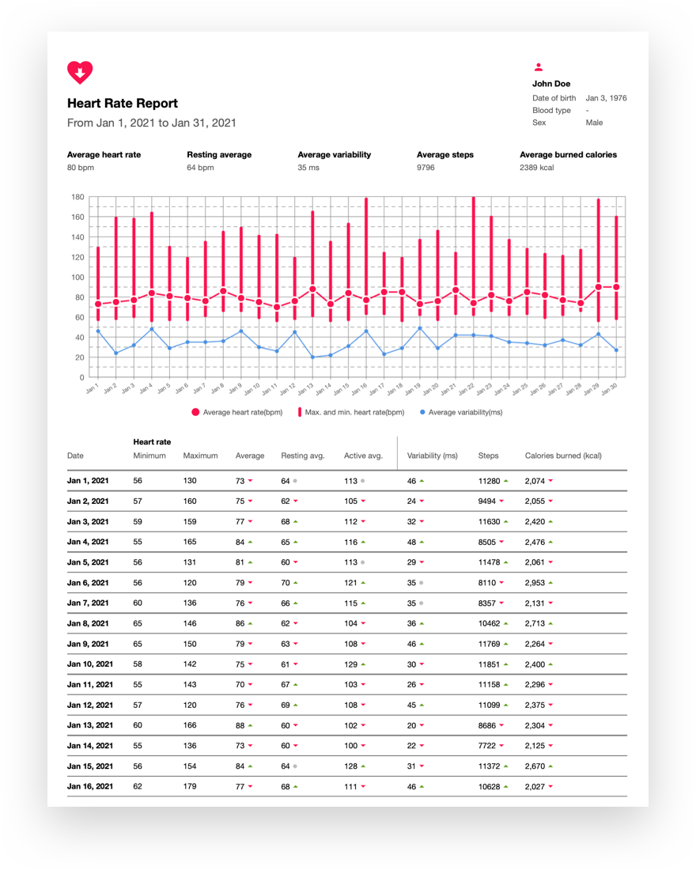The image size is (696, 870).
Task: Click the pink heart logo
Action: [80, 72]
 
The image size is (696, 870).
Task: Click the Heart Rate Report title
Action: [123, 103]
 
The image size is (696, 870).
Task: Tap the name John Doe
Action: [551, 84]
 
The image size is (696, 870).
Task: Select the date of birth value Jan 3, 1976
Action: [606, 98]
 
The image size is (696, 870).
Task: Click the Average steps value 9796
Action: [426, 168]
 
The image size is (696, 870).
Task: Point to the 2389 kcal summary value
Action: [537, 168]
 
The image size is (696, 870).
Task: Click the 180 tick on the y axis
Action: [78, 197]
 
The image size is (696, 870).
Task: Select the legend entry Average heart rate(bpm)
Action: [237, 412]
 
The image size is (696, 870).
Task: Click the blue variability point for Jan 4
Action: [152, 329]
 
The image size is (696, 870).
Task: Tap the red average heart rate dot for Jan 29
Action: [598, 287]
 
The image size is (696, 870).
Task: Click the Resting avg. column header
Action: [302, 456]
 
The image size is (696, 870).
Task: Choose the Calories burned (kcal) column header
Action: [563, 456]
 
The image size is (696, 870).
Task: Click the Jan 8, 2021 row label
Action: [88, 624]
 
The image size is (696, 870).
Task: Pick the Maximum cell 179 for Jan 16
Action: [190, 786]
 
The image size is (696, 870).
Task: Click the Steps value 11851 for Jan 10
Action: [489, 664]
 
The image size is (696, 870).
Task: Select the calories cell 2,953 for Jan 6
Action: [535, 583]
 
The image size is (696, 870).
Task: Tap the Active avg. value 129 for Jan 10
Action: [351, 664]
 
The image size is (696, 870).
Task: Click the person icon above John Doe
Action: [539, 67]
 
